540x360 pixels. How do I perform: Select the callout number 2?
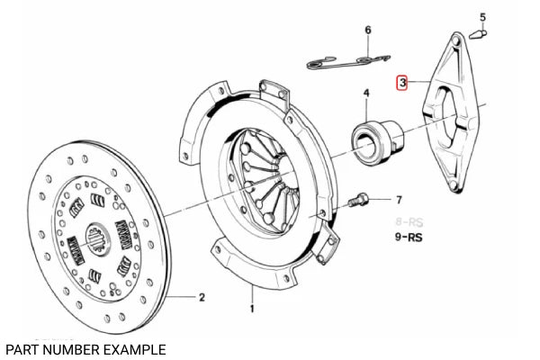[x=202, y=298]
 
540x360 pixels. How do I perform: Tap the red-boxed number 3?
[x=404, y=83]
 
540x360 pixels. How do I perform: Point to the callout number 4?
[x=366, y=94]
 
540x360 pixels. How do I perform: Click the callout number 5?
[x=481, y=17]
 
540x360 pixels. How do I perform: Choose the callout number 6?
[x=367, y=31]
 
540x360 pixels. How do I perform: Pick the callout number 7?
[x=400, y=200]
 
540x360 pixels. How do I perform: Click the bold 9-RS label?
[x=410, y=238]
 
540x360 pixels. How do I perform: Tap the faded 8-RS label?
[x=409, y=220]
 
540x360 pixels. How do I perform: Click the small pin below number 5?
[x=479, y=36]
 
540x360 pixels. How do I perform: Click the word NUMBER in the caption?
[x=75, y=348]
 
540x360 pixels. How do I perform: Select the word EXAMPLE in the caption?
[x=136, y=348]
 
